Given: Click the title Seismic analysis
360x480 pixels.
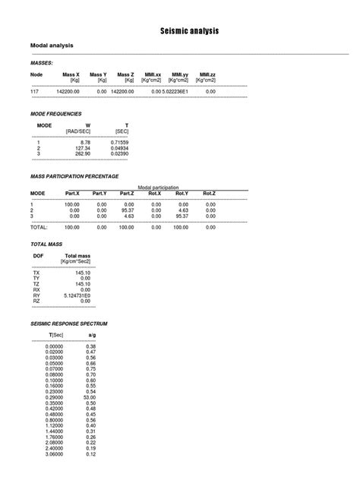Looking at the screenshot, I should [189, 31].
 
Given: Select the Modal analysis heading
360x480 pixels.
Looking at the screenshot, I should [52, 46].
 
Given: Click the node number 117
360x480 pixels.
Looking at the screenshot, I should [34, 91].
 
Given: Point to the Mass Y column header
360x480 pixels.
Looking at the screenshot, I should [98, 74].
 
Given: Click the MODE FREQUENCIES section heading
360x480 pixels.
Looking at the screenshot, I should [55, 113].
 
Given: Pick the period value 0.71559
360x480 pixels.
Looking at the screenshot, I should [118, 142].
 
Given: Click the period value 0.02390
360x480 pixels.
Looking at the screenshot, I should [118, 153].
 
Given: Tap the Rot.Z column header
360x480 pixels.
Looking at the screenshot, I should [209, 193].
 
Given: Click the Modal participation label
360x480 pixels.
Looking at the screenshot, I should [158, 187].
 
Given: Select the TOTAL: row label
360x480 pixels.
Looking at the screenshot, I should [39, 226].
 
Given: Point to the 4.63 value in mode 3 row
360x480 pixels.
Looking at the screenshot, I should [126, 216].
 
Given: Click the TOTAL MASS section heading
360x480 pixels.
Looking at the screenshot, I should [46, 245].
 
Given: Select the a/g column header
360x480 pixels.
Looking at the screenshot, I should [91, 334].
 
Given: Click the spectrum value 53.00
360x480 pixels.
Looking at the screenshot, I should [90, 396].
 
